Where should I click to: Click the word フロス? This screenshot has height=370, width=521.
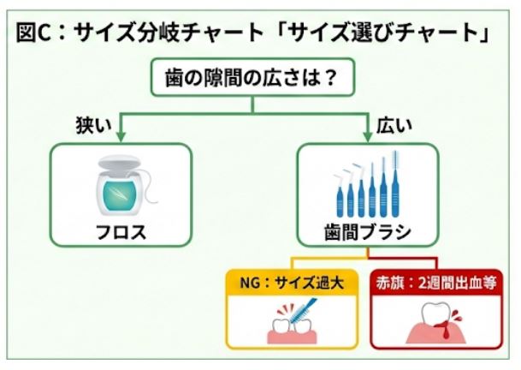tap(120, 231)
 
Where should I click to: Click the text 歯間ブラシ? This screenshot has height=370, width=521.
tap(368, 232)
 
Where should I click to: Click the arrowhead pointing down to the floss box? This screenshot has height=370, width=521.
tap(120, 136)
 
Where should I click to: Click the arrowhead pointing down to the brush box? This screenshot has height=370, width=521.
tap(369, 136)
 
